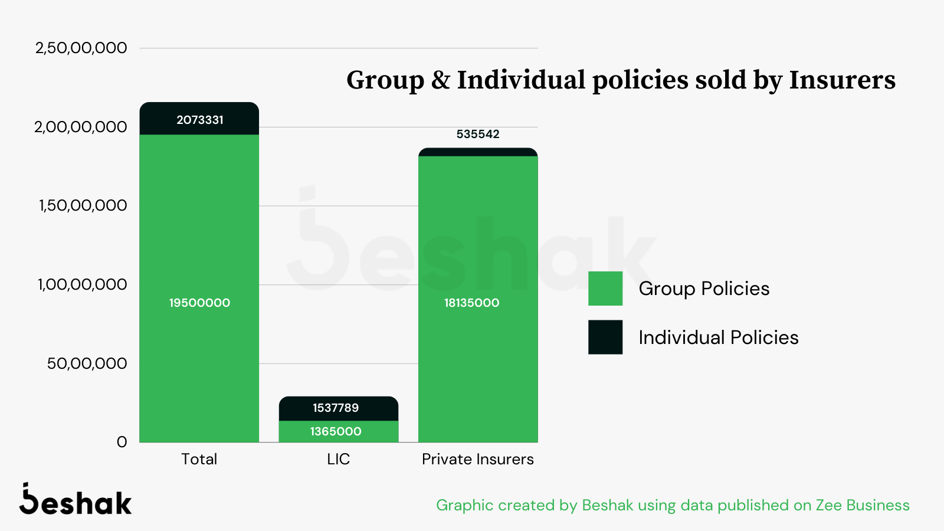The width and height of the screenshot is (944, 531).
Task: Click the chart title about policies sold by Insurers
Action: (x=621, y=80)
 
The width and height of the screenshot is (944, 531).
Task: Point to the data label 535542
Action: (x=478, y=135)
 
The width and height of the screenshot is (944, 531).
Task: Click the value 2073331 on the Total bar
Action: (x=200, y=120)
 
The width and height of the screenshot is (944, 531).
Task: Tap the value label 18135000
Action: (x=471, y=303)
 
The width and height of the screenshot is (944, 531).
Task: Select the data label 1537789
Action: (x=336, y=408)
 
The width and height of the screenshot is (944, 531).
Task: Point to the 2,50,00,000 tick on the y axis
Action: (x=81, y=48)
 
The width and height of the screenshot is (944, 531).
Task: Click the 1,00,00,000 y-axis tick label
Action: (x=82, y=284)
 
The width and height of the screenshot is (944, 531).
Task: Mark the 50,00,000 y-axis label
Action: (x=87, y=363)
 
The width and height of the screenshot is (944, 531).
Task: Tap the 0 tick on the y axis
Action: (x=122, y=442)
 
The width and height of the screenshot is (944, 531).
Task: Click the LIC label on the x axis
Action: (x=339, y=459)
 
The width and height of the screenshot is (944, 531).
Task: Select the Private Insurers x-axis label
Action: (x=478, y=459)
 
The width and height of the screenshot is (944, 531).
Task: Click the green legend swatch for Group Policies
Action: (x=605, y=289)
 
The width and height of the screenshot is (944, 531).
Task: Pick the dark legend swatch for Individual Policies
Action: (x=605, y=337)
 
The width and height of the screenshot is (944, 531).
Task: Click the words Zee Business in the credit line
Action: (x=863, y=506)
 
